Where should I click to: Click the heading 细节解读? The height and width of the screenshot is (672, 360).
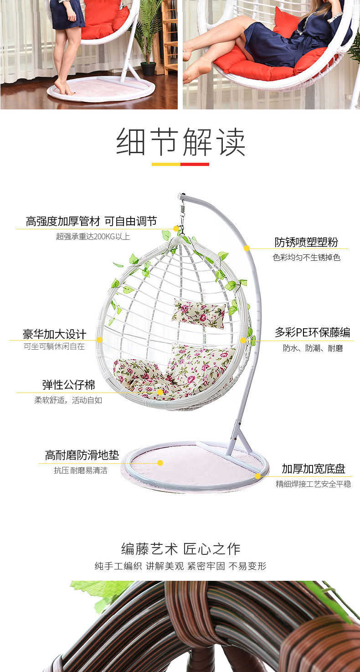pos(180,142)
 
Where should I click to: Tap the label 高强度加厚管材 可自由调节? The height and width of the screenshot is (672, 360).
pos(91,222)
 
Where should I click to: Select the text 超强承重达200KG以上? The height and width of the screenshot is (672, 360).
pos(93,236)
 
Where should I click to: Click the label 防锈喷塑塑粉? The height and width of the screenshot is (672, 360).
pos(306,242)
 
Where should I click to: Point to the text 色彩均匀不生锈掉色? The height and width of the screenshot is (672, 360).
pos(306,258)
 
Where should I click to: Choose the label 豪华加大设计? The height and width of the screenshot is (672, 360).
pos(54,334)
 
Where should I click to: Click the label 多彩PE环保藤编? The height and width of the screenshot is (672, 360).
pos(312,332)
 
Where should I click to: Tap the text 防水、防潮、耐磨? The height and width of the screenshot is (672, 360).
pos(313,348)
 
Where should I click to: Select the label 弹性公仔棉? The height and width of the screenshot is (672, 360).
pos(69,385)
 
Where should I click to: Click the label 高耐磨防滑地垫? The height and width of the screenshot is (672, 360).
pos(82,455)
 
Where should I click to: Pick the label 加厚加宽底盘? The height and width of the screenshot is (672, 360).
pos(314,469)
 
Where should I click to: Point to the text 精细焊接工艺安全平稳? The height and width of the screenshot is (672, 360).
pos(314,484)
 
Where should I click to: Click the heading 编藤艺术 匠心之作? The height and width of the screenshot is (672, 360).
pos(180,548)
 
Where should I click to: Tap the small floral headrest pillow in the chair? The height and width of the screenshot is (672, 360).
pos(199,313)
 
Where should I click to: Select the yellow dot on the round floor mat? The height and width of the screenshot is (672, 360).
pos(160,463)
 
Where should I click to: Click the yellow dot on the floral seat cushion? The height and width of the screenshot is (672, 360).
pos(160,392)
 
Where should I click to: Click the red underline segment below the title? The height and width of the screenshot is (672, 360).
pos(195,164)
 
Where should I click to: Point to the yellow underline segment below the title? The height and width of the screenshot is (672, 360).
pos(166,164)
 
